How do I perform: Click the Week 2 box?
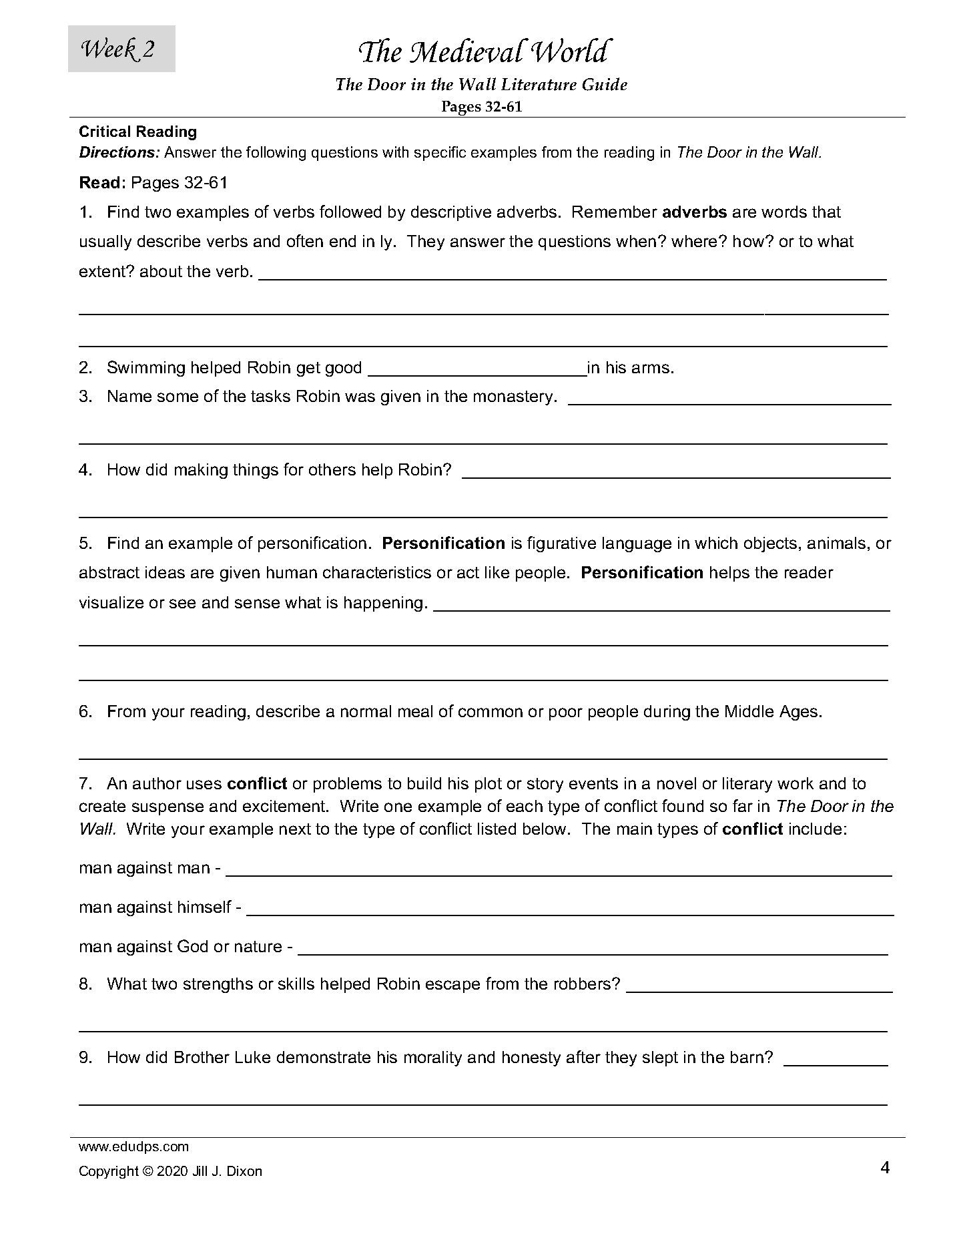[121, 49]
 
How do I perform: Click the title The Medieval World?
[483, 52]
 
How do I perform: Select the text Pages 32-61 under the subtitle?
[481, 107]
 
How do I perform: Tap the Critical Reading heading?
[137, 132]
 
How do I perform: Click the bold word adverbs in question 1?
[693, 212]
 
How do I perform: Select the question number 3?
[85, 397]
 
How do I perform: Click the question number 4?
[85, 470]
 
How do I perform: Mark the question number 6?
[85, 712]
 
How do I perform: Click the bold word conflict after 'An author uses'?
[257, 783]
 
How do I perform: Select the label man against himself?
[155, 907]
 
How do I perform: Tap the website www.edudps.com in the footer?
[134, 1147]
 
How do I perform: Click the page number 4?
[885, 1168]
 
